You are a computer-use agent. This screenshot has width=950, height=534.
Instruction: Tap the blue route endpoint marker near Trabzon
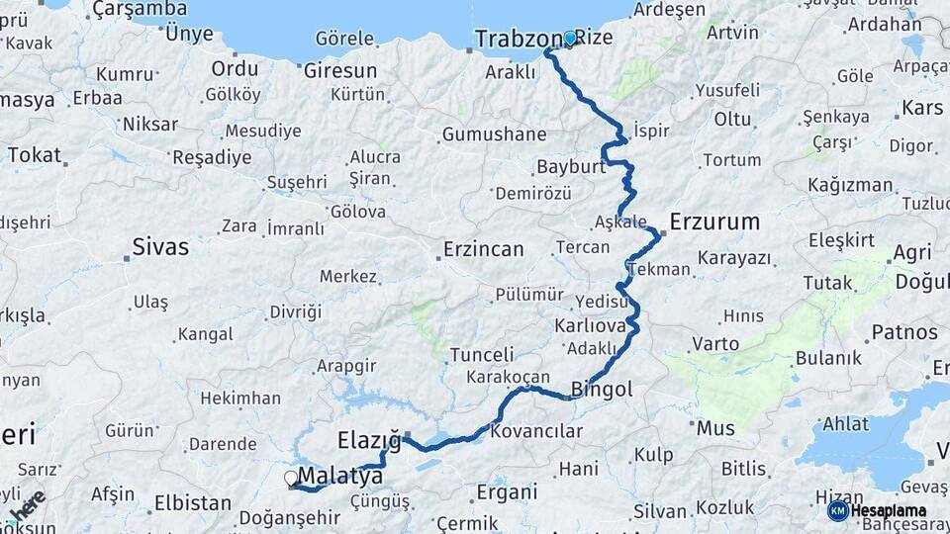tap(570, 39)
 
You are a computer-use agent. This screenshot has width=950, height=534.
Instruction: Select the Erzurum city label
tap(714, 221)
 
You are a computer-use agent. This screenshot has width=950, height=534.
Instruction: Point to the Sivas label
tap(160, 246)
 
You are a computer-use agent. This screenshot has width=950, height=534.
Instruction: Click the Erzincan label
tap(484, 249)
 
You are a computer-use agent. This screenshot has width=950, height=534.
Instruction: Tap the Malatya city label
tap(340, 477)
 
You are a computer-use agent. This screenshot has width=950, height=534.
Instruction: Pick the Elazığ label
tap(369, 438)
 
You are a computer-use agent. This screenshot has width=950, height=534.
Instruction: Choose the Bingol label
tap(602, 390)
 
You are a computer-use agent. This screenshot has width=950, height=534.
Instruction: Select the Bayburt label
tap(571, 167)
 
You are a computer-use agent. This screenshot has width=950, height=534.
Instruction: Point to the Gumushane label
tap(494, 134)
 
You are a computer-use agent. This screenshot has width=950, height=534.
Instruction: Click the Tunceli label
tap(482, 354)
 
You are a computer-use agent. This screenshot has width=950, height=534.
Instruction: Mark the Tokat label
tap(34, 155)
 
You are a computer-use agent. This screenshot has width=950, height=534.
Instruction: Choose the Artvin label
tap(733, 33)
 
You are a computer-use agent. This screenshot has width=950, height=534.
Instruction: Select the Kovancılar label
tap(536, 431)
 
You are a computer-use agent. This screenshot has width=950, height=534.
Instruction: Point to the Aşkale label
tap(620, 221)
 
